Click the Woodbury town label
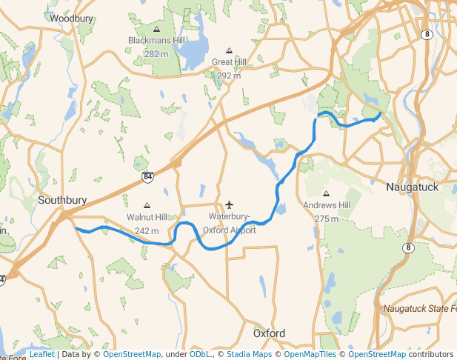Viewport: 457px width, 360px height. (x=70, y=18)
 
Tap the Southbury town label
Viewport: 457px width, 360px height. (x=62, y=200)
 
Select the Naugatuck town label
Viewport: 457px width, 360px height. (x=413, y=187)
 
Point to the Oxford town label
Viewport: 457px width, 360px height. (x=269, y=333)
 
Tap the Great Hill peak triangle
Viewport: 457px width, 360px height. (x=229, y=51)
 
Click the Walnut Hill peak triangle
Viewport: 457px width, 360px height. (x=147, y=206)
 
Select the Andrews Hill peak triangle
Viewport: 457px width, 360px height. (x=326, y=193)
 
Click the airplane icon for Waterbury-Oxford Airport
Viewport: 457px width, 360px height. (x=229, y=204)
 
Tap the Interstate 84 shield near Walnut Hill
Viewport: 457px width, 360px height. (x=148, y=177)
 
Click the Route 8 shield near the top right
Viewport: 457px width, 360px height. (x=427, y=34)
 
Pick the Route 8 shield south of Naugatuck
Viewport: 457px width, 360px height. (x=407, y=248)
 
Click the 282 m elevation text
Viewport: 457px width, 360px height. (x=156, y=54)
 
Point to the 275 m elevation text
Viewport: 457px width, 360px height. (x=326, y=219)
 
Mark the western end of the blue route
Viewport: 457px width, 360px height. (x=76, y=229)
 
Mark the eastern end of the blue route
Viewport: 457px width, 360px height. (x=380, y=114)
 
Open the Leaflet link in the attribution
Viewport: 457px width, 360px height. (x=41, y=355)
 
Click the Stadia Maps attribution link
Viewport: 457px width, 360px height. (x=249, y=355)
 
